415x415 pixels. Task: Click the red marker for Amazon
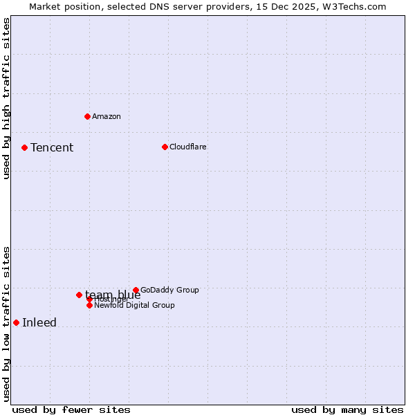point(87,116)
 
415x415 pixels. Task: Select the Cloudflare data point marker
point(165,147)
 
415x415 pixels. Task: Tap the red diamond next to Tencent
point(24,147)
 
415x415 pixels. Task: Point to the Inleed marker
point(16,322)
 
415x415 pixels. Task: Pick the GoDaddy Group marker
point(136,290)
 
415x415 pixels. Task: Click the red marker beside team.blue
point(79,295)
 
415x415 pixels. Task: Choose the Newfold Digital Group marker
point(89,305)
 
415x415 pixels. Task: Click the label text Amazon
point(107,116)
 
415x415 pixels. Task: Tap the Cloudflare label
point(188,147)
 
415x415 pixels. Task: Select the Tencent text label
point(52,147)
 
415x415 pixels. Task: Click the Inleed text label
point(39,322)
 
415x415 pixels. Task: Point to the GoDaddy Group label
point(169,290)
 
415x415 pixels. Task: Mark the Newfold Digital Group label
point(134,305)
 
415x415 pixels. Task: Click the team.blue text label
point(113,295)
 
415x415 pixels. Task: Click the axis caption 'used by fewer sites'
point(71,409)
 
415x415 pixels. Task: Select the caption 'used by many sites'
point(347,409)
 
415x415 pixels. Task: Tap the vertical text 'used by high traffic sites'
point(6,98)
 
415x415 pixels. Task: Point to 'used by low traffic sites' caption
point(6,323)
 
